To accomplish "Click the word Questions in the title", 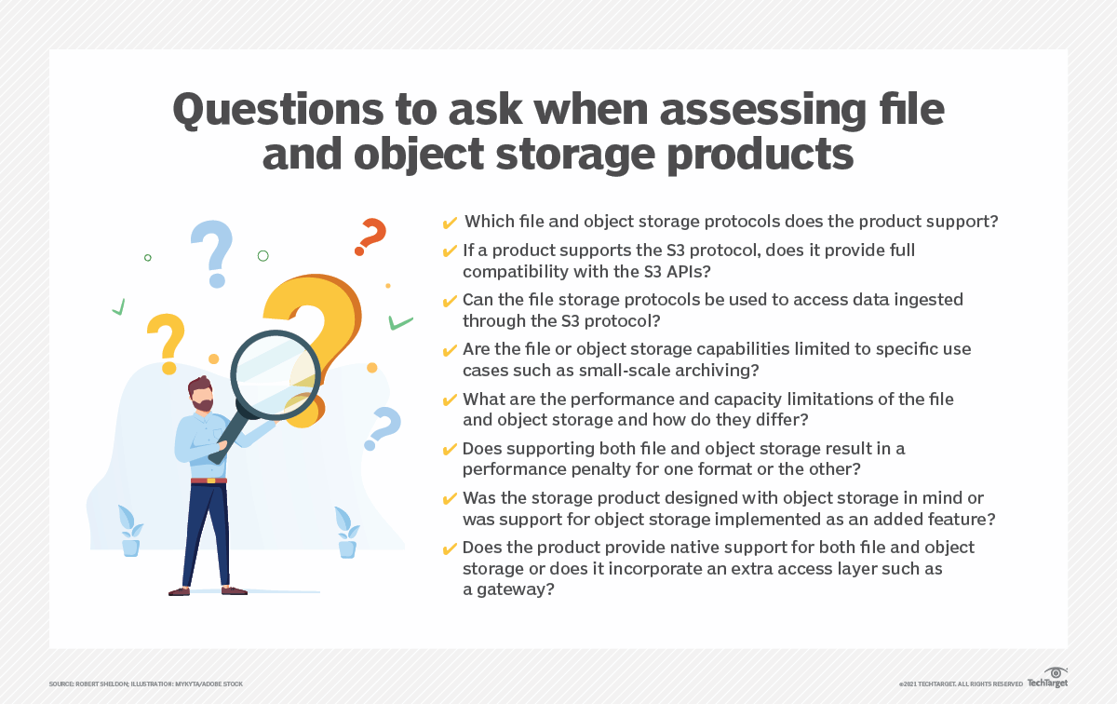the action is (x=278, y=111).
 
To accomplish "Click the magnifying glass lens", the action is (x=276, y=375).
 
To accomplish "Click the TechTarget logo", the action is (x=1048, y=678).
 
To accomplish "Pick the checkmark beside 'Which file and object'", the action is (x=450, y=223).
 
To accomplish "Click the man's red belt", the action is (x=209, y=481).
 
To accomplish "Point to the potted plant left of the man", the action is (x=130, y=531).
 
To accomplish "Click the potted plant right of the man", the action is (x=347, y=533).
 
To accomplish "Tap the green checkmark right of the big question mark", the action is (x=400, y=323).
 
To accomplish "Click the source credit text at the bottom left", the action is (x=145, y=684).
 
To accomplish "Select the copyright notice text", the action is (x=961, y=684).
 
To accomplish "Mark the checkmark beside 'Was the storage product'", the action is (x=450, y=499).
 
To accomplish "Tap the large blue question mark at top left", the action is (x=213, y=253).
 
